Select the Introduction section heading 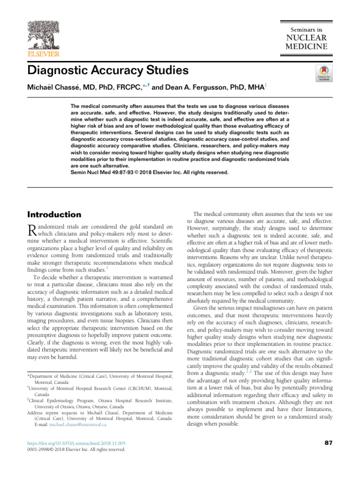click(55, 214)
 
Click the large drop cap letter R click(32, 230)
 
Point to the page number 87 click(328, 443)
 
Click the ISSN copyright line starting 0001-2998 click(77, 450)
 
